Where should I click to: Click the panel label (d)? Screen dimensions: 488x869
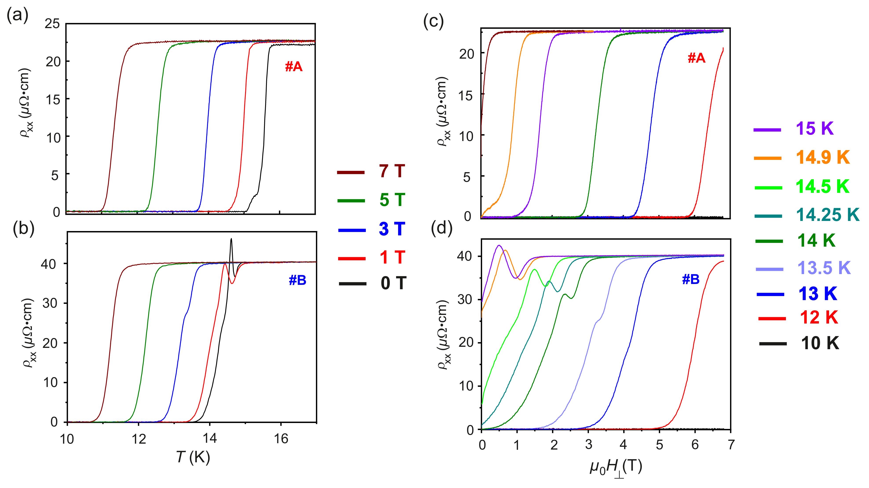pyautogui.click(x=442, y=228)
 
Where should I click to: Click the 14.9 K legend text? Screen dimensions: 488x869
pyautogui.click(x=822, y=157)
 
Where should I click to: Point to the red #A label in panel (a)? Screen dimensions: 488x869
pyautogui.click(x=293, y=67)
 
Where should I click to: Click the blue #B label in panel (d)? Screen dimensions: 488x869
pyautogui.click(x=690, y=279)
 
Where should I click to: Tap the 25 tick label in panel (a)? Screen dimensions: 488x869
pyautogui.click(x=52, y=24)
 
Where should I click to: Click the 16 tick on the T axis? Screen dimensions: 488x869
pyautogui.click(x=281, y=439)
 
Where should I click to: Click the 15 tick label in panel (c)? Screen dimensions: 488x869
pyautogui.click(x=466, y=96)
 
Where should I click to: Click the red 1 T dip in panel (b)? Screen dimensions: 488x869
pyautogui.click(x=232, y=283)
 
